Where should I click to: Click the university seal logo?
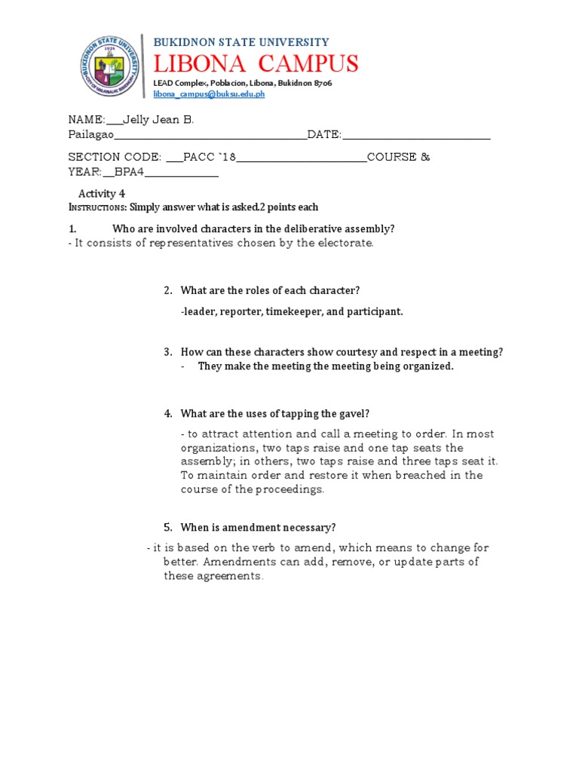[110, 67]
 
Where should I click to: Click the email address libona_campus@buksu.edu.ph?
[209, 95]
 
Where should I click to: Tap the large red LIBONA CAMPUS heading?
[256, 63]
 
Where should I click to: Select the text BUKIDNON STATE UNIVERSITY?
[241, 42]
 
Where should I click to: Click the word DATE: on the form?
[324, 134]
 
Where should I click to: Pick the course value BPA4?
[129, 171]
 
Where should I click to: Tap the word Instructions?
[97, 207]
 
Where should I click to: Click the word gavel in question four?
[351, 413]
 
